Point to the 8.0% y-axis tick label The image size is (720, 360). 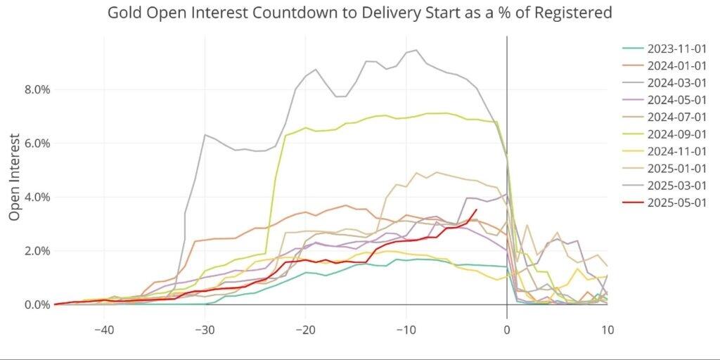(x=34, y=89)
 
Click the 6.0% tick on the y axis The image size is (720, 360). (x=34, y=143)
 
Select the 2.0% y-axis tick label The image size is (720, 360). (x=34, y=251)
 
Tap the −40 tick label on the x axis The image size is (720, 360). (x=104, y=329)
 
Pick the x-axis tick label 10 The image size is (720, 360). (x=607, y=329)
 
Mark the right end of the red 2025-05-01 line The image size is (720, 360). (x=476, y=210)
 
